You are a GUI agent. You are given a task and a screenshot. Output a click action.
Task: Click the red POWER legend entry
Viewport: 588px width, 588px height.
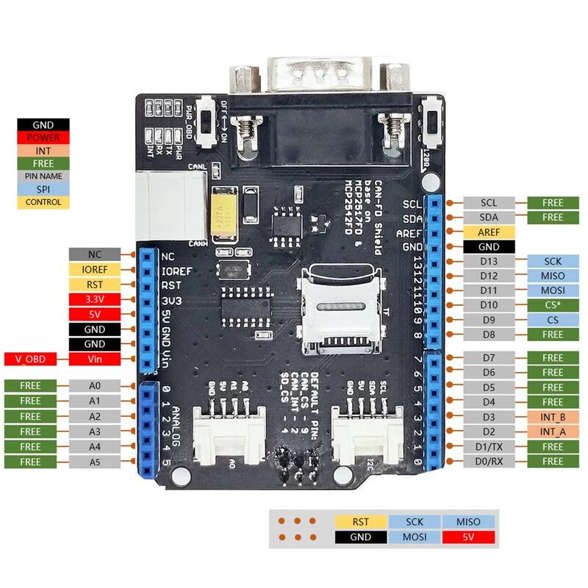point(43,137)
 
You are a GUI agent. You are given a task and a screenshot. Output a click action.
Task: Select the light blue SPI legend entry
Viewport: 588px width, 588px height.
point(43,189)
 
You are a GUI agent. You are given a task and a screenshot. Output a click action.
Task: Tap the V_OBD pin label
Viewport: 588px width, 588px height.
point(30,359)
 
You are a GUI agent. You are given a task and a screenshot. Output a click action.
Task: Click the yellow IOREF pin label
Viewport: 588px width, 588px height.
point(94,269)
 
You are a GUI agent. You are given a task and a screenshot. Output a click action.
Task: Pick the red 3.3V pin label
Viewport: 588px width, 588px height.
point(94,299)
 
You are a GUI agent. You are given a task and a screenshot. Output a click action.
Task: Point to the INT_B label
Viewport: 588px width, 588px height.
point(552,417)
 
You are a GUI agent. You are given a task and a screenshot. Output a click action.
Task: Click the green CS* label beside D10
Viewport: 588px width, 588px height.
point(552,304)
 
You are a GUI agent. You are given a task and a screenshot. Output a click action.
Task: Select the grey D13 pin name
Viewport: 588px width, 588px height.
point(489,261)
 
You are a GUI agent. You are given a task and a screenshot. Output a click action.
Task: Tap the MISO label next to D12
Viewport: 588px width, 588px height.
point(552,276)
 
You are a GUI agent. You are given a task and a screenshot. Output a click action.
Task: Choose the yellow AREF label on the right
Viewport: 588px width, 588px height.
point(489,232)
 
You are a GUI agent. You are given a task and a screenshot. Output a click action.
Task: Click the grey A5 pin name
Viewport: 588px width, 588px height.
point(94,462)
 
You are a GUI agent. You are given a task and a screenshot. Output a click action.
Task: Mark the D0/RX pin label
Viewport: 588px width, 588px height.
point(489,462)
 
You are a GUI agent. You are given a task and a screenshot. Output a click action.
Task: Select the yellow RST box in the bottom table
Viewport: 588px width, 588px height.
point(360,522)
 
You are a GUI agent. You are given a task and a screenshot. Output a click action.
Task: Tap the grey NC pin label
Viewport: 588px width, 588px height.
point(94,254)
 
